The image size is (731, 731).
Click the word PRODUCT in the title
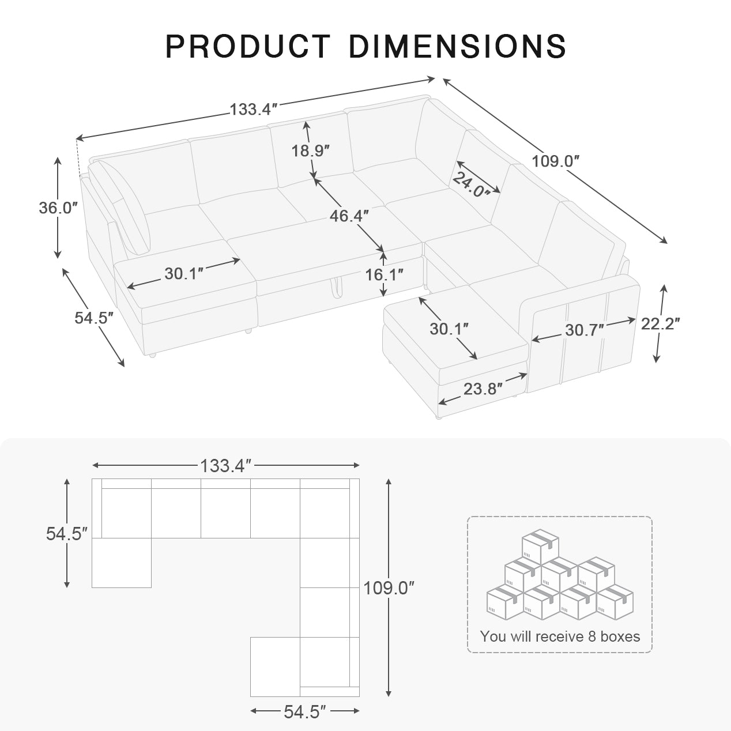[247, 46]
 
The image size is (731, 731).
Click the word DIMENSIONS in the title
[457, 46]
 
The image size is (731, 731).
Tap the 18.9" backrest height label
[310, 151]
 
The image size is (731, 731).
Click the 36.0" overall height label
[58, 208]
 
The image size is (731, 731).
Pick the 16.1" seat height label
[384, 274]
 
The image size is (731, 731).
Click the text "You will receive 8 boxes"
[560, 636]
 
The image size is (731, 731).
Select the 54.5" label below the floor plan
[305, 712]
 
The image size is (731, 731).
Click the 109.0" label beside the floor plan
[389, 588]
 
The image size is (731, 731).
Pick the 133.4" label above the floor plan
[226, 465]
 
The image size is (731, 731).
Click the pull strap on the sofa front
[335, 283]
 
